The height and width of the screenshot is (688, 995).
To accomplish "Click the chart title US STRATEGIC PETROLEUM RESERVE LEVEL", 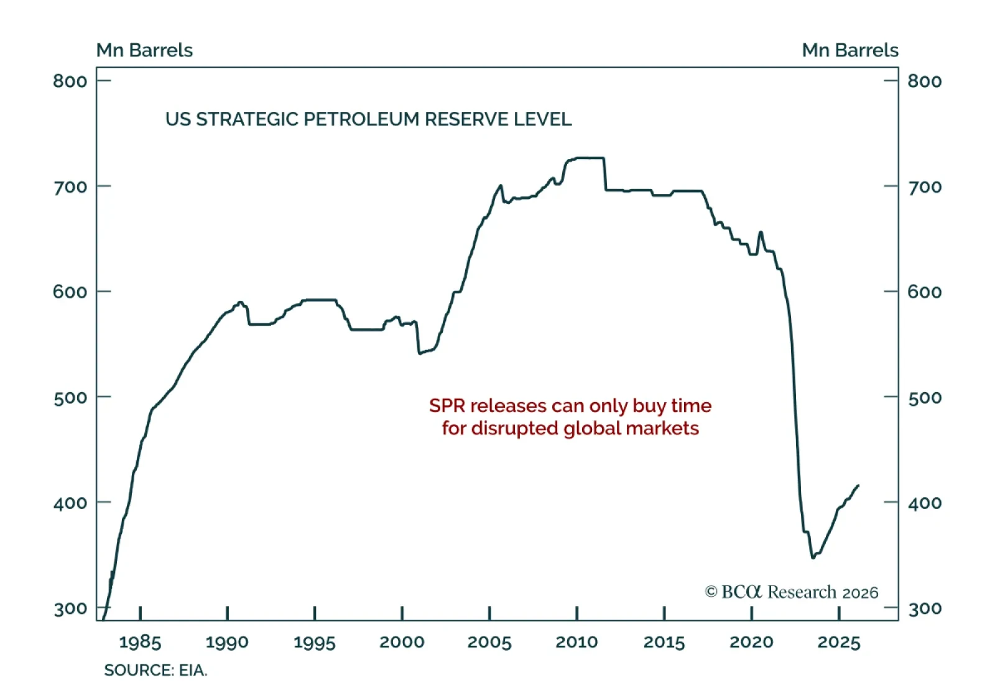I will point(368,119).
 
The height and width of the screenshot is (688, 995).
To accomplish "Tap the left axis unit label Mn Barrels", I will point(144,50).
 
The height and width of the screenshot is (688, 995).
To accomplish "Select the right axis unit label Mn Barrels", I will point(849,50).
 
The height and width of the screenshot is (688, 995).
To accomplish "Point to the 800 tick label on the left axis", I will point(70,81).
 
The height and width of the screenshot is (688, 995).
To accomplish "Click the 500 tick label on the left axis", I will point(70,398).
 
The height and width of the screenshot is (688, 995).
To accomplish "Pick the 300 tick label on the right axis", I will point(925,608).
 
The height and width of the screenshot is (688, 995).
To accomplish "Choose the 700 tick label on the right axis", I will point(925,187).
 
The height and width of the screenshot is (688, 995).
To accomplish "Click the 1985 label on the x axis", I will point(140,642).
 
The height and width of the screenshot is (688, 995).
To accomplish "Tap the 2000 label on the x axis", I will point(402,642).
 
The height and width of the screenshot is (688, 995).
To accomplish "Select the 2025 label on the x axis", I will point(838,642).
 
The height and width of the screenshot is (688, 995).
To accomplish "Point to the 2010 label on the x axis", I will point(576,642).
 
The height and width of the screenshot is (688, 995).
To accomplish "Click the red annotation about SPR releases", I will point(570,417).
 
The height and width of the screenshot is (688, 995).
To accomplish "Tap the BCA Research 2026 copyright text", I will point(791,592).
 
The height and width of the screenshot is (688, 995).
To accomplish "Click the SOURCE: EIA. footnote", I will point(155,670).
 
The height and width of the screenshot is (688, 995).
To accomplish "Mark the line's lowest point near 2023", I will point(813,557).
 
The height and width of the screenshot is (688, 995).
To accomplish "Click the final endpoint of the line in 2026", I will point(858,485).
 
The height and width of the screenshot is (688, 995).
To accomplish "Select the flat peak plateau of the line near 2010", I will point(590,158).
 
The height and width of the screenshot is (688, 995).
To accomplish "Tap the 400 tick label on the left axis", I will point(70,503).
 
